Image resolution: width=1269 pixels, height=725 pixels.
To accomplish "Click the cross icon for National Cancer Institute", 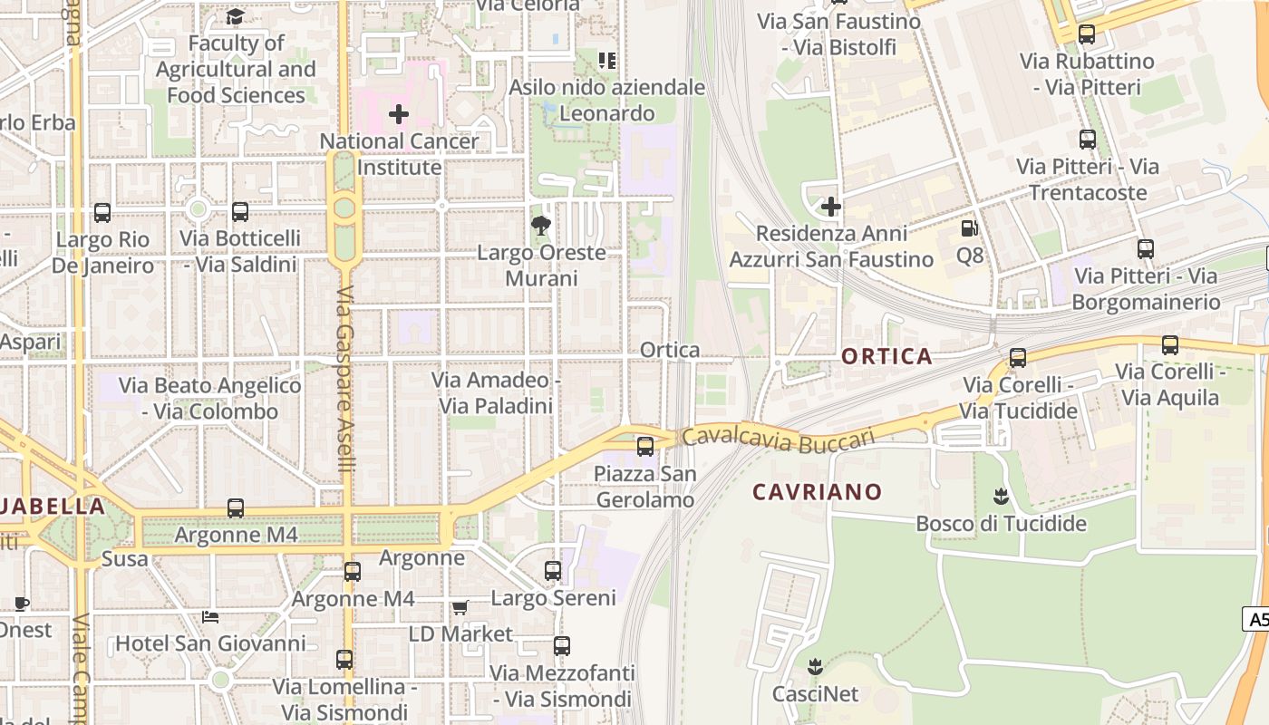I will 398,114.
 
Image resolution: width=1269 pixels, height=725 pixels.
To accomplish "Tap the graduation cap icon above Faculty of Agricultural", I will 235,16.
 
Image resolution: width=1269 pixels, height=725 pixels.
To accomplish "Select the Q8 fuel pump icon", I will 970,229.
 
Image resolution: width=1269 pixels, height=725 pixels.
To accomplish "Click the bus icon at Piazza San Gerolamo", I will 644,446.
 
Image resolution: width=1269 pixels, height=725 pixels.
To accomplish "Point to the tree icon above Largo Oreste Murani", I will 541,226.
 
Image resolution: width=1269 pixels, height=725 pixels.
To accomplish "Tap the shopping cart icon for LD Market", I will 460,607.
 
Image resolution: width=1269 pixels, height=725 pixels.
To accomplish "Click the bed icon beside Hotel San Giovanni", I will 210,617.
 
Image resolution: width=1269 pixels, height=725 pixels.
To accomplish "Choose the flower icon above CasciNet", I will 815,668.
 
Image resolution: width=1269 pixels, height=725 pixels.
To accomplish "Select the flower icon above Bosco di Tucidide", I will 1001,497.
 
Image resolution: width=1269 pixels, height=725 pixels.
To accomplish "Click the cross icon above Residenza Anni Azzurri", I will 830,207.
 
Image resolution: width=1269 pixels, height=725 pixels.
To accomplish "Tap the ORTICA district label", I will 886,356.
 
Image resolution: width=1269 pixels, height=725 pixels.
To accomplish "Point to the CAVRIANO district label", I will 817,492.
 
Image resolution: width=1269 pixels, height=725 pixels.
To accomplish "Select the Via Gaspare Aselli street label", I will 344,381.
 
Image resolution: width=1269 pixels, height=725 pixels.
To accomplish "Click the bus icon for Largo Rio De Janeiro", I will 102,213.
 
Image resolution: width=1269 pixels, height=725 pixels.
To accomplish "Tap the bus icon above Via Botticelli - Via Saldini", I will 240,212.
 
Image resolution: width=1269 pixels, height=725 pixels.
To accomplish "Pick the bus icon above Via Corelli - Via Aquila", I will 1169,344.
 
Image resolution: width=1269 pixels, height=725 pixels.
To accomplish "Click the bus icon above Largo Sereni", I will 553,571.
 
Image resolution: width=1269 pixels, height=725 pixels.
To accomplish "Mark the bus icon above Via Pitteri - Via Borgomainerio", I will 1146,249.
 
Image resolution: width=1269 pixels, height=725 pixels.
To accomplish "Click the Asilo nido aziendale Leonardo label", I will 606,100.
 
